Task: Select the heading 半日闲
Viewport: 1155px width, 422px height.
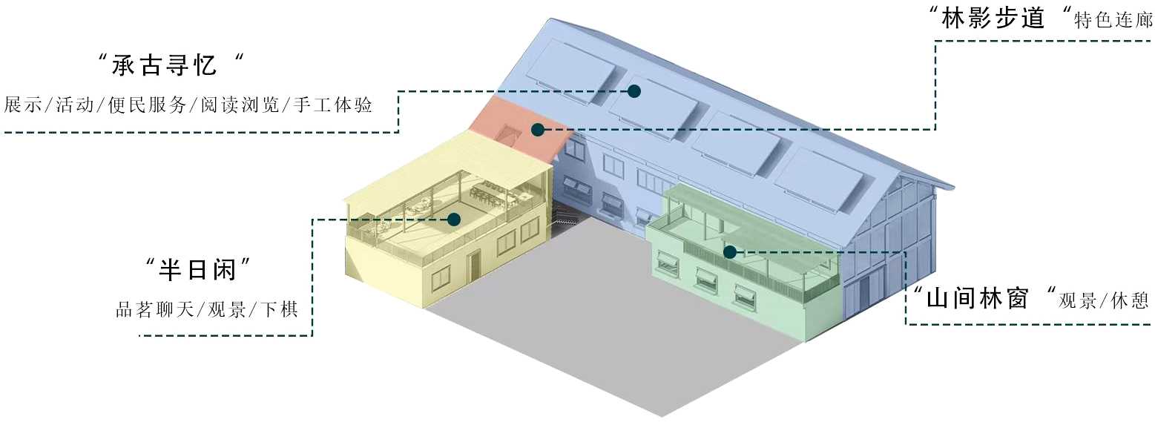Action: [195, 270]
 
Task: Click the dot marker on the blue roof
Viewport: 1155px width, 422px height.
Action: [634, 91]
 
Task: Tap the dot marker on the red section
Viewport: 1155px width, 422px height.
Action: [538, 130]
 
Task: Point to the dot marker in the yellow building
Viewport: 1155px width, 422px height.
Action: [454, 219]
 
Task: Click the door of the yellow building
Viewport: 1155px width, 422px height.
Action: [474, 265]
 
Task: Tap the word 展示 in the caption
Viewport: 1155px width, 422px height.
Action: [22, 105]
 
